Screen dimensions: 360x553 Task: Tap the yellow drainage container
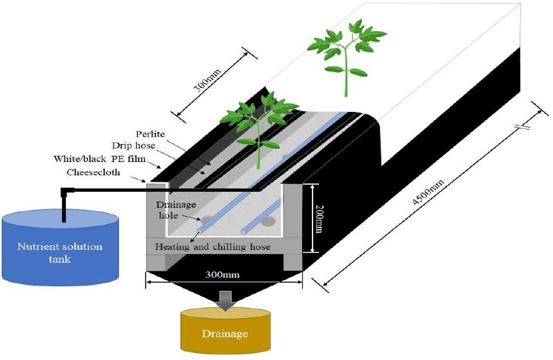click(225, 333)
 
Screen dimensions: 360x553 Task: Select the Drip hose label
click(134, 145)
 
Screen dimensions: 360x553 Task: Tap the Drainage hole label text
click(174, 210)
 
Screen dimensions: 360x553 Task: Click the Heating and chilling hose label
click(212, 247)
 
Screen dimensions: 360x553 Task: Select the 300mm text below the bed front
click(226, 274)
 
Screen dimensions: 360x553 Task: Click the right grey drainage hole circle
click(268, 222)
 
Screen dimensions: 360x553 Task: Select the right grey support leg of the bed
click(293, 263)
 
